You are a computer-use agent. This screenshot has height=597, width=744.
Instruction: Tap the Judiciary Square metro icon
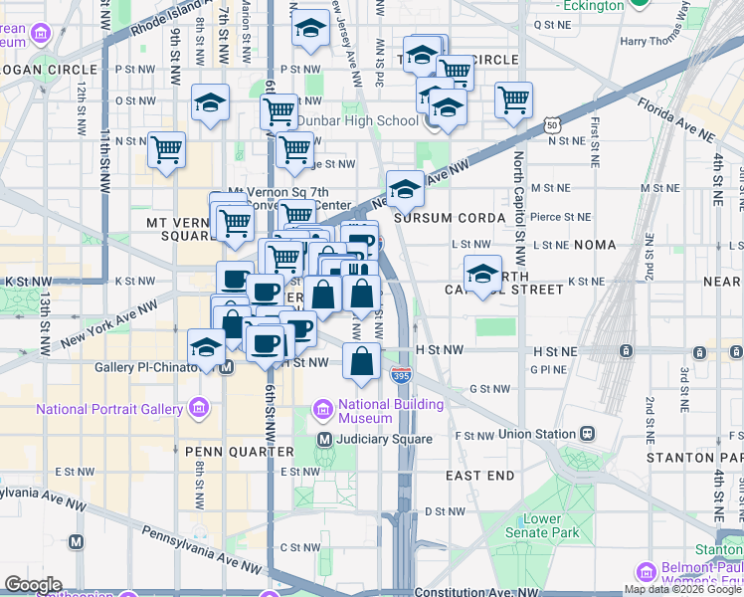tap(323, 439)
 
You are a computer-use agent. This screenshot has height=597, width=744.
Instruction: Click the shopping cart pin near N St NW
tap(166, 150)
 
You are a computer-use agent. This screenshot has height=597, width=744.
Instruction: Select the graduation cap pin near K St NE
tap(482, 273)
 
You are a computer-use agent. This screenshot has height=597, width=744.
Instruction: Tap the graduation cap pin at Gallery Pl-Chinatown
tap(206, 348)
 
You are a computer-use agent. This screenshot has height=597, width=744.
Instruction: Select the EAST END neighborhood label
tap(479, 477)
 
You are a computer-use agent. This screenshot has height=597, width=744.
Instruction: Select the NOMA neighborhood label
tap(617, 245)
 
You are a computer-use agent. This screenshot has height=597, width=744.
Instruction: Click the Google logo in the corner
tap(33, 584)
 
